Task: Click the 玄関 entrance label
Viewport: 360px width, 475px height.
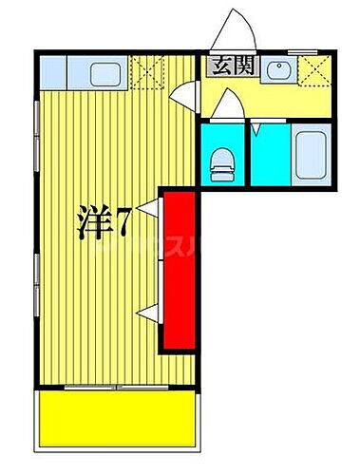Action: click(x=226, y=67)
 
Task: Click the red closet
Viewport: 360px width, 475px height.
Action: click(x=176, y=272)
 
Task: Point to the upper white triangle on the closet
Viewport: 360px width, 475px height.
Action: click(x=150, y=205)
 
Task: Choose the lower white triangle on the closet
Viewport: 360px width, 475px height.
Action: click(x=145, y=311)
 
